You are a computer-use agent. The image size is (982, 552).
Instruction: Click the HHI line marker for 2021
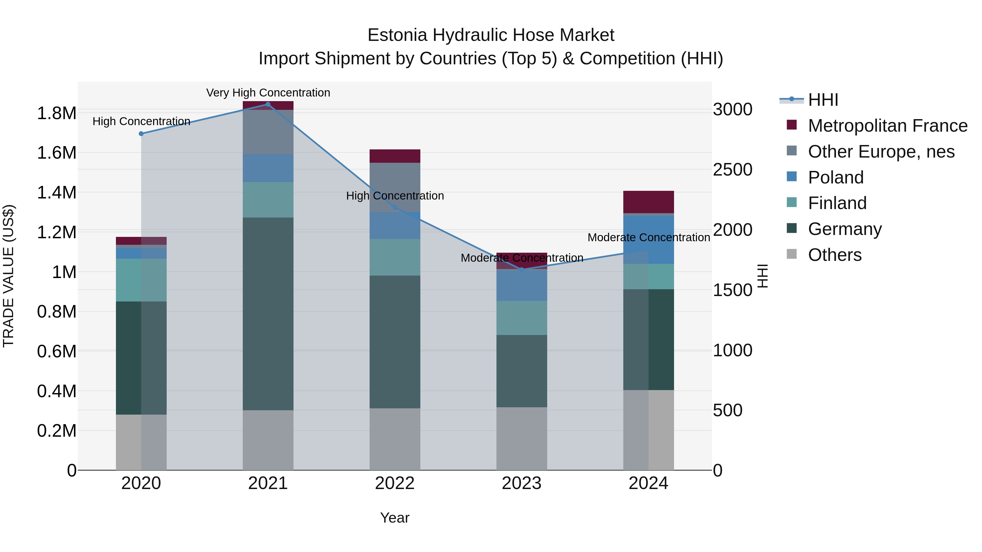point(268,104)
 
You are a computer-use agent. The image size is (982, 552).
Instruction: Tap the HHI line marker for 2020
point(141,134)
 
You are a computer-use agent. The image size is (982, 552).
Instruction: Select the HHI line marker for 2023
point(522,269)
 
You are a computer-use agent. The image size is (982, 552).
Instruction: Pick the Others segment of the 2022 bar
point(395,439)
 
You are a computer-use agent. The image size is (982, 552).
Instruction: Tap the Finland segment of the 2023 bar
point(522,318)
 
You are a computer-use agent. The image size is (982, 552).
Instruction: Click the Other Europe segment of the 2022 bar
point(395,187)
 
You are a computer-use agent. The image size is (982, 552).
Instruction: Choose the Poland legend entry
point(835,177)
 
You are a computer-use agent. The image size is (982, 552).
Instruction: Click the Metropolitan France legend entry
point(887,126)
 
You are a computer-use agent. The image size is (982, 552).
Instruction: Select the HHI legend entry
point(823,100)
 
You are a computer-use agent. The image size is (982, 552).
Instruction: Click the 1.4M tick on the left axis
point(56,192)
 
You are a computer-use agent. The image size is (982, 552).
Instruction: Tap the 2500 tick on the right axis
point(732,170)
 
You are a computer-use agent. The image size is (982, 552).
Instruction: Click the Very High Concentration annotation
point(268,93)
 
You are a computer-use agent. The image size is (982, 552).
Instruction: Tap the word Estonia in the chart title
point(397,35)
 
